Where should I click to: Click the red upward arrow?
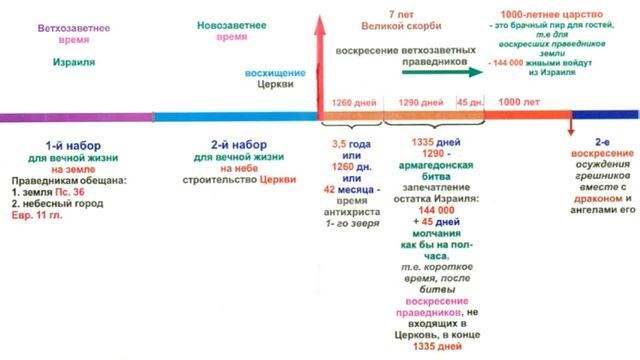coord(322,60)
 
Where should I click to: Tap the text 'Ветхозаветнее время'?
coord(68,26)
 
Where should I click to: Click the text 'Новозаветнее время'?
coord(201,26)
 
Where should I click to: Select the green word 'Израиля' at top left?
coord(68,60)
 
